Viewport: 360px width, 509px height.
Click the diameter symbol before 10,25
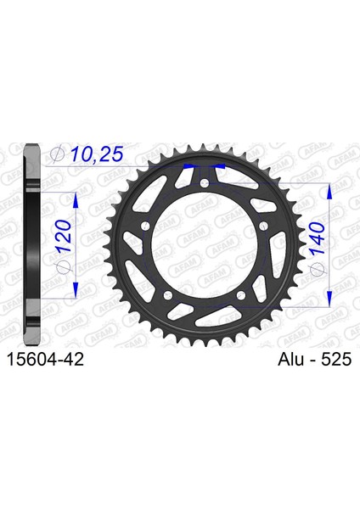coord(58,154)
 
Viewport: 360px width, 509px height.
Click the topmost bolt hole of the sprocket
coord(205,182)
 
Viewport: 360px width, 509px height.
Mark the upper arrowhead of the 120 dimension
coord(77,198)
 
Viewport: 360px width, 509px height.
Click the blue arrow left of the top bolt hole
coord(190,167)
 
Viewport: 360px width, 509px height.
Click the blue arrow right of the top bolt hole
coord(219,167)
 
